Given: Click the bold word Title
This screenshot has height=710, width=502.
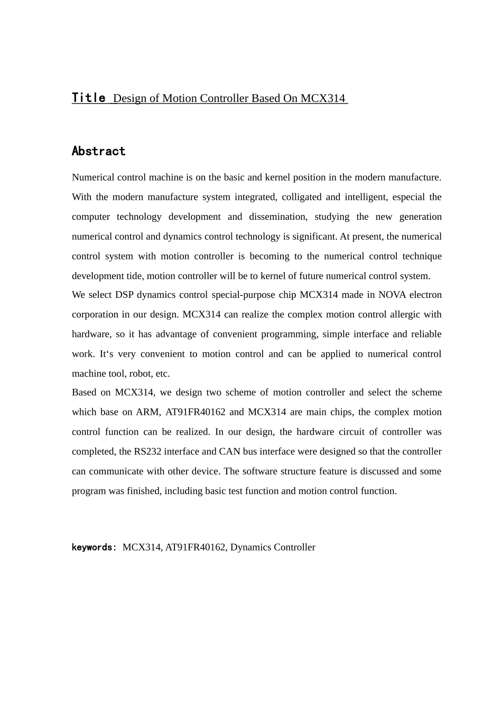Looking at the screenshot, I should click(x=89, y=98).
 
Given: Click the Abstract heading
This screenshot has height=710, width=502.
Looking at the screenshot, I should click(x=98, y=151).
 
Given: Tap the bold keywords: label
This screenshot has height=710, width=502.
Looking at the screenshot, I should click(x=94, y=547).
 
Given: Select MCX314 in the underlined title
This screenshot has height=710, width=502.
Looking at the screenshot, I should click(x=322, y=98).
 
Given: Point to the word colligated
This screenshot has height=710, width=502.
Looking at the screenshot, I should click(x=301, y=197).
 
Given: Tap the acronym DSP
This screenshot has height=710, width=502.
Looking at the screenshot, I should click(x=124, y=295).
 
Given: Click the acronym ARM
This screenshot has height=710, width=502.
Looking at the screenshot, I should click(x=147, y=412).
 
